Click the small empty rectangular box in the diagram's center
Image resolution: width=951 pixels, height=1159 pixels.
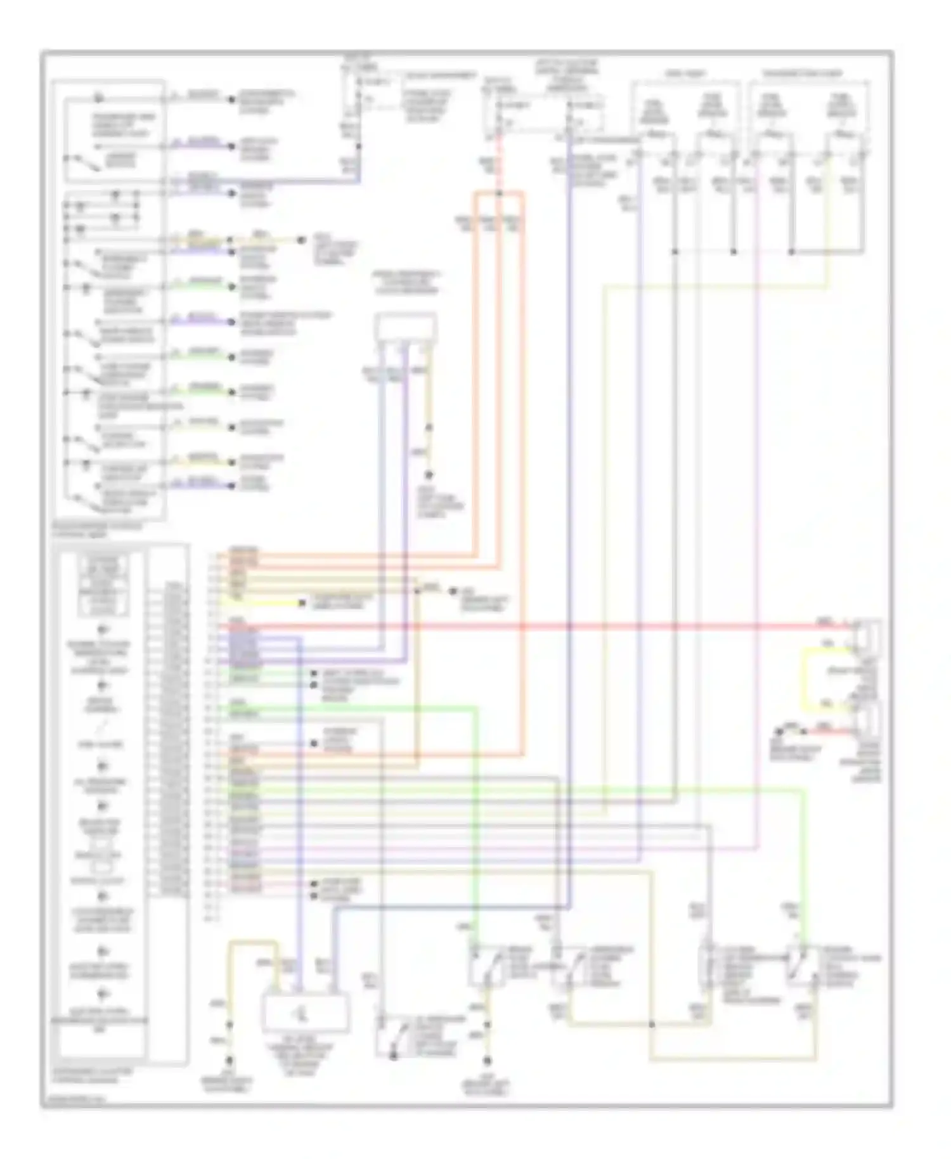(405, 328)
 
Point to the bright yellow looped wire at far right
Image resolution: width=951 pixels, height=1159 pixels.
(806, 677)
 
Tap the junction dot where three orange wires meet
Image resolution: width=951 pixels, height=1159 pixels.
(499, 193)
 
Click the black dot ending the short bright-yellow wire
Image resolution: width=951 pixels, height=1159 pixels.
(303, 603)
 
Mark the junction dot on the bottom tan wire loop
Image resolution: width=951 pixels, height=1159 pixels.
(651, 1023)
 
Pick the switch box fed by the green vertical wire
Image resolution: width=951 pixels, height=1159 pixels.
(486, 967)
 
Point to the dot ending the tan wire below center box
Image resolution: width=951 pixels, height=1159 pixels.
(429, 474)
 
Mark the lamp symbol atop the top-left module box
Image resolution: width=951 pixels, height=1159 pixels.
(97, 98)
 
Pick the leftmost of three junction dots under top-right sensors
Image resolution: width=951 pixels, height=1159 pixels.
(676, 252)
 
